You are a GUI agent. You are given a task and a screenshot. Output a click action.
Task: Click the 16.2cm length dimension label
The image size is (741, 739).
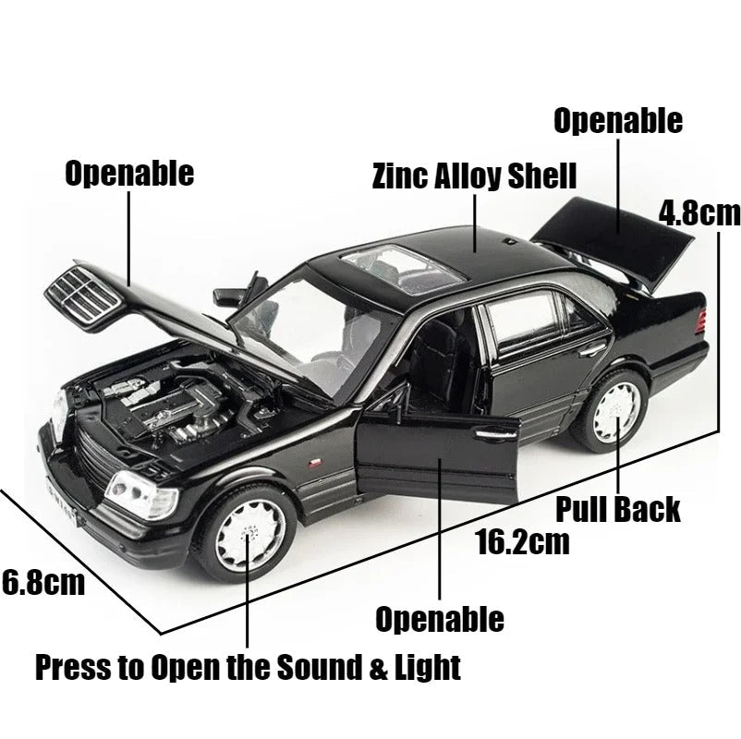pyautogui.click(x=522, y=540)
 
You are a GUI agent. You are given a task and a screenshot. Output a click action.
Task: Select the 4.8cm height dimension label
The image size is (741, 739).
pyautogui.click(x=699, y=213)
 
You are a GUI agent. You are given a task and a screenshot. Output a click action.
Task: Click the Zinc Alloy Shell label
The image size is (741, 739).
pyautogui.click(x=474, y=176)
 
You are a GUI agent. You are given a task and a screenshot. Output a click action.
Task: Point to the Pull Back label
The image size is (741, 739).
pyautogui.click(x=617, y=508)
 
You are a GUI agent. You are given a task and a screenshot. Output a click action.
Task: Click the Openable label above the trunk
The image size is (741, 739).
pyautogui.click(x=617, y=121)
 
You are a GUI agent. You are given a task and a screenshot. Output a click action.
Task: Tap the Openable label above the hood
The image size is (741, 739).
pyautogui.click(x=129, y=173)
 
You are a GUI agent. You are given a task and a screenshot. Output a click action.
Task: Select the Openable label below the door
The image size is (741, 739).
pyautogui.click(x=439, y=619)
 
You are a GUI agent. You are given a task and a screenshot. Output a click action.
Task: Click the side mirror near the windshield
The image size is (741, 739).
pyautogui.click(x=228, y=297)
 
